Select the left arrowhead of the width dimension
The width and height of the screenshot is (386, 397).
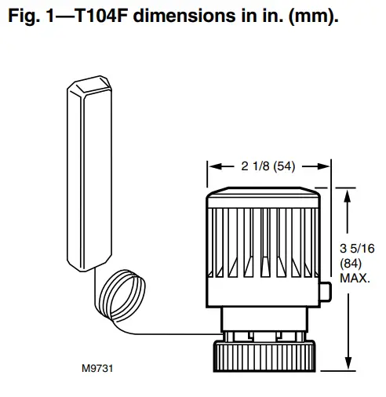(210, 166)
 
